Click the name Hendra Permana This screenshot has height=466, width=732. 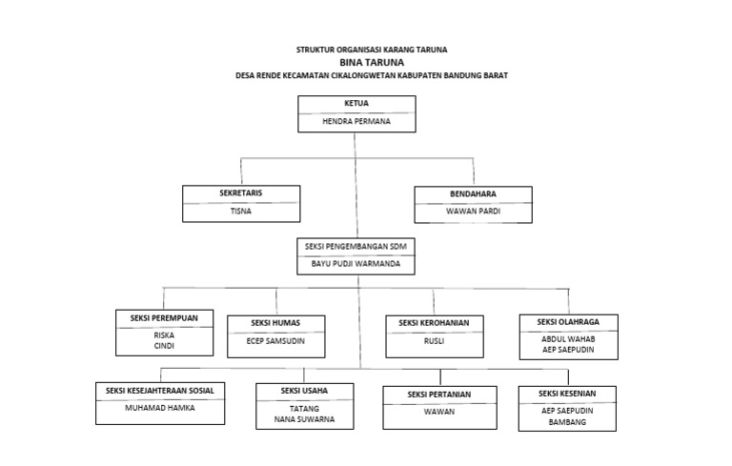click(x=356, y=122)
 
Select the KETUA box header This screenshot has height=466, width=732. click(x=356, y=102)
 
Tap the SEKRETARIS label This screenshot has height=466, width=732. click(x=240, y=193)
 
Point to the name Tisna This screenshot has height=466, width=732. click(x=240, y=212)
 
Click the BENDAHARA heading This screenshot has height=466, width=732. click(x=474, y=193)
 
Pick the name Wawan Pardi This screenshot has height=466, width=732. click(x=474, y=212)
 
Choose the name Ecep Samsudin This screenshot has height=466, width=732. click(x=276, y=340)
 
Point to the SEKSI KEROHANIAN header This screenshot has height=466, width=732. click(x=434, y=323)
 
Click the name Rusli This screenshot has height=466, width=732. click(x=434, y=340)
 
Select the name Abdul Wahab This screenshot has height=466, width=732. click(x=567, y=338)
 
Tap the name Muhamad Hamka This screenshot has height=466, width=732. click(x=160, y=408)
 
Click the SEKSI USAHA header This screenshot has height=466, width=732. click(x=304, y=391)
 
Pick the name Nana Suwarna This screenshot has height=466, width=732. click(x=304, y=419)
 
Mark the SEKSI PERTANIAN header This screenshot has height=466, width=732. click(x=439, y=394)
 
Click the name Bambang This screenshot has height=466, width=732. click(x=567, y=420)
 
